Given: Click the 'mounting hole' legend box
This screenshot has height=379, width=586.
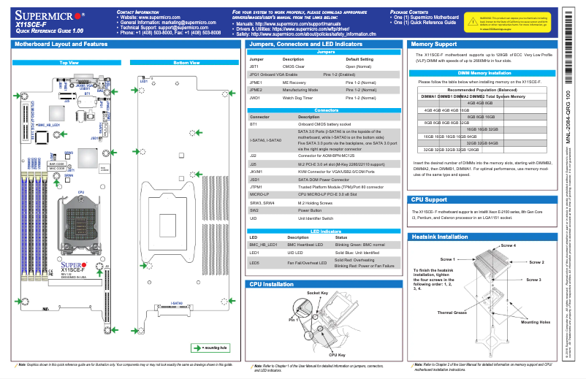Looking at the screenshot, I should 210,348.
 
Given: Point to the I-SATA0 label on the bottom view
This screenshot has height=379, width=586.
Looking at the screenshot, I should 178,302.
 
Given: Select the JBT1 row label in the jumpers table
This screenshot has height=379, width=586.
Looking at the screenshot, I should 254,66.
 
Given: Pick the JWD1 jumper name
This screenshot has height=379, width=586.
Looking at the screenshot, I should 255,97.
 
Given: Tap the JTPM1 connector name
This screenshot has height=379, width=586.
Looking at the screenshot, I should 256,186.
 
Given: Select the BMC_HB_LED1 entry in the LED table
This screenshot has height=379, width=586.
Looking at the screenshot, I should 263,245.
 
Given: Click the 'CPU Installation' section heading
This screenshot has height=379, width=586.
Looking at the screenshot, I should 273,283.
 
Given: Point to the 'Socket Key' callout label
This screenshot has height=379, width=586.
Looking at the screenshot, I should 316,293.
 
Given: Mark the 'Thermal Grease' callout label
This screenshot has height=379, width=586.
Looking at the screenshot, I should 452,313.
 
